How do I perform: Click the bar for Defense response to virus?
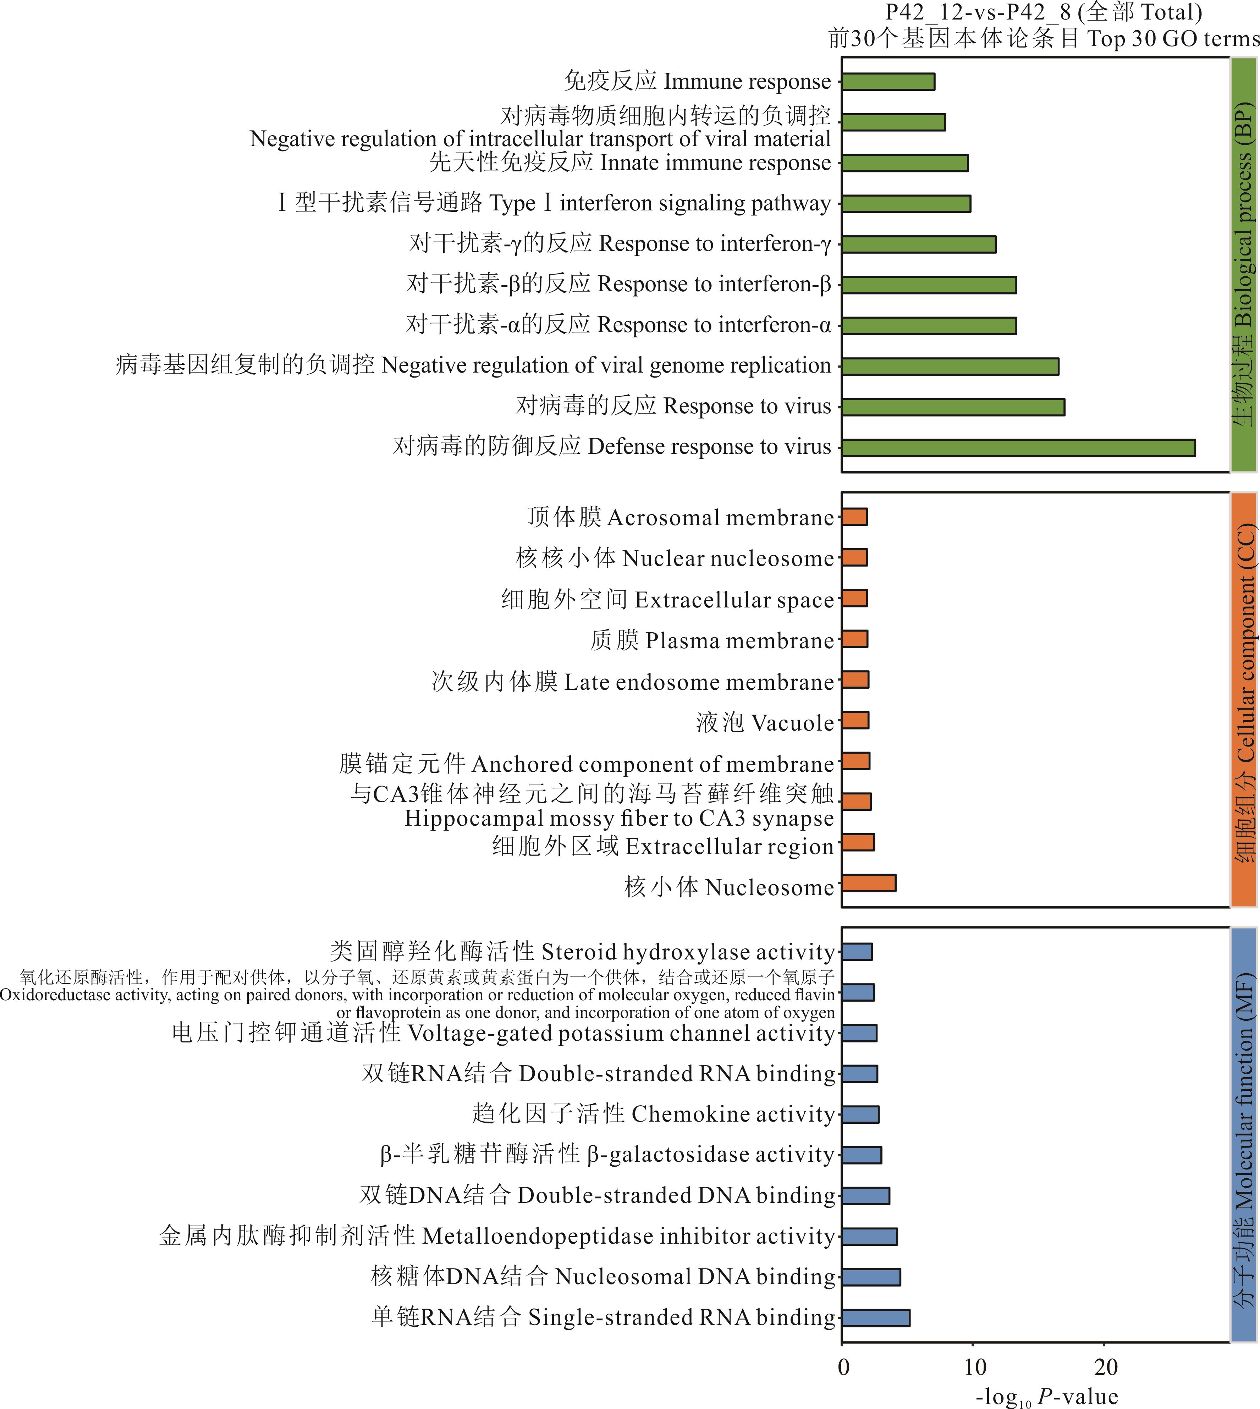[1018, 448]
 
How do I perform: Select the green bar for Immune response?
[887, 82]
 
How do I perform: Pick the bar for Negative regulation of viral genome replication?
[950, 366]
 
